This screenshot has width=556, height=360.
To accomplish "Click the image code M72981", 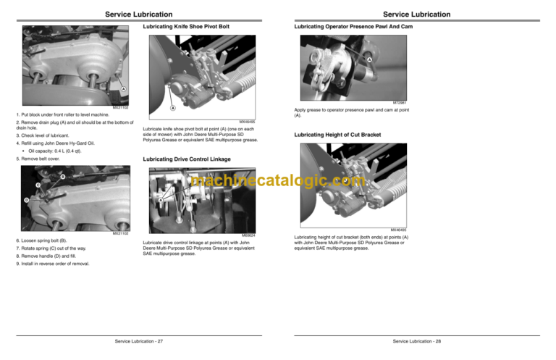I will coord(403,103).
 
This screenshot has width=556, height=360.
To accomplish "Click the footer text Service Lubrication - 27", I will coord(139,340).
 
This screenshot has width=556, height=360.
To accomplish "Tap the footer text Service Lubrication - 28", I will coord(418,340).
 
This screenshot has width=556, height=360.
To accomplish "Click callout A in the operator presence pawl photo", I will coord(368,59).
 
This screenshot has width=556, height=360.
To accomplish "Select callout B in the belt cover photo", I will coord(62,177).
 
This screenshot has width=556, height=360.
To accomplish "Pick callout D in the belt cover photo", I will coord(26,200).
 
